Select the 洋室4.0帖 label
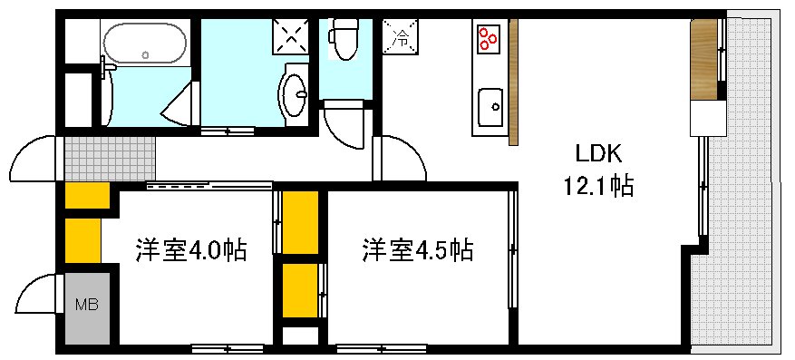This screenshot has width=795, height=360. tap(191, 250)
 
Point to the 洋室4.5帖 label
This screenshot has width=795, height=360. tap(418, 250)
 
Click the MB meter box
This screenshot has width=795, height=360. tap(87, 305)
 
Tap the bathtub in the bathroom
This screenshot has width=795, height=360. tap(144, 44)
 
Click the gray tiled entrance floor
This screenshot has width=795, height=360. tap(109, 157)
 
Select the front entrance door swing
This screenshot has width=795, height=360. tap(34, 160)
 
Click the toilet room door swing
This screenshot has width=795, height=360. tap(346, 127)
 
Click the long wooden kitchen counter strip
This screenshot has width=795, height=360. tap(513, 82)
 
